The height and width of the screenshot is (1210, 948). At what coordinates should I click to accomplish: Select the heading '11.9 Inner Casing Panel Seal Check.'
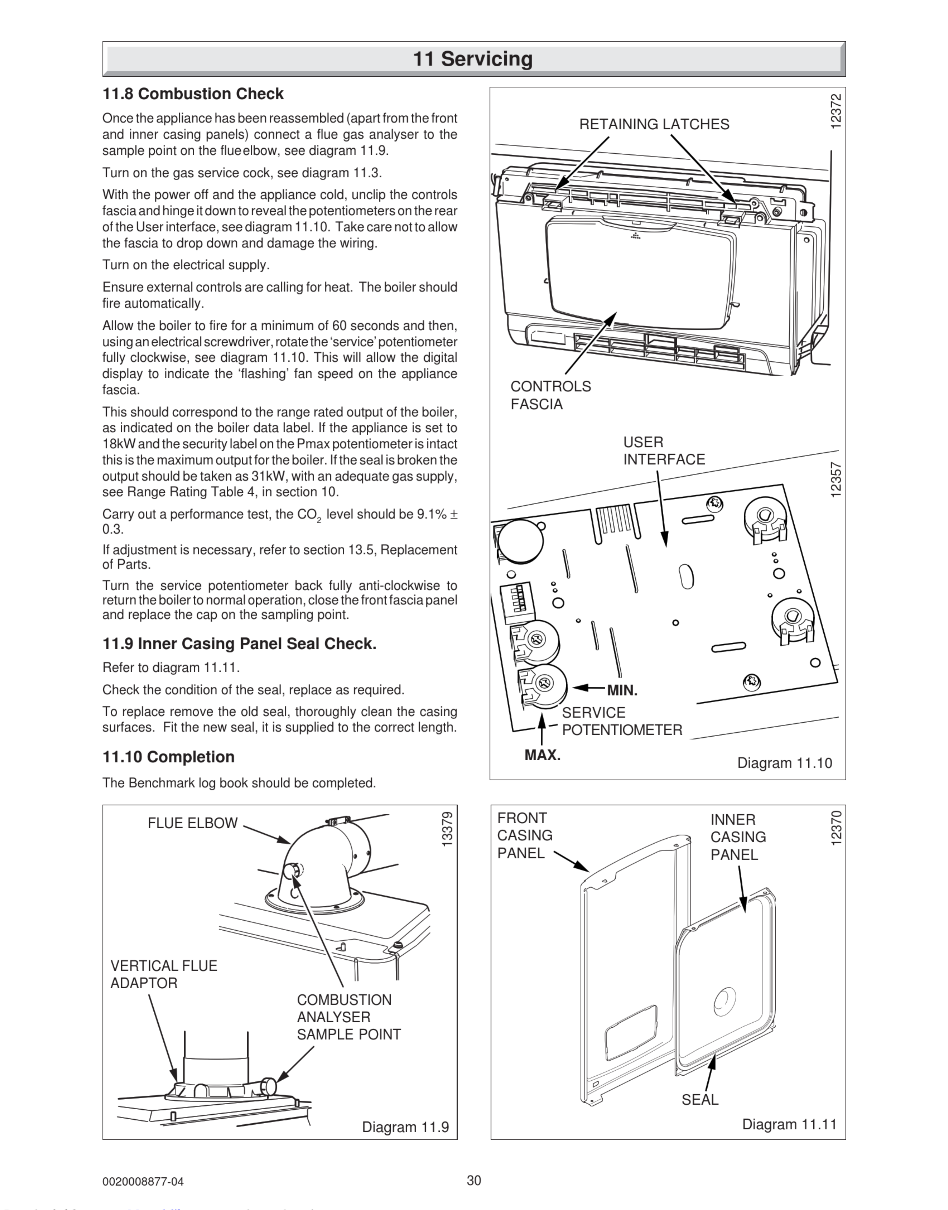coord(239,644)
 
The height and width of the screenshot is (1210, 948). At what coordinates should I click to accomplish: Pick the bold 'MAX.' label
coord(542,756)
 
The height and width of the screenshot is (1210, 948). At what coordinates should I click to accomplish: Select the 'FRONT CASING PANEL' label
coord(524,835)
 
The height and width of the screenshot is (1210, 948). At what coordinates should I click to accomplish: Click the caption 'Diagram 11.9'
coord(405,1127)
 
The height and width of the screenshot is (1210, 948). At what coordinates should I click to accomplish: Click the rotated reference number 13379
coord(447,829)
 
